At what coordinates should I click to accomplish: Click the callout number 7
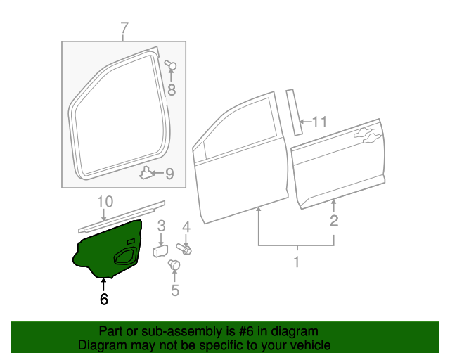click(x=124, y=29)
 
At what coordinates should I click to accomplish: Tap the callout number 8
click(x=171, y=89)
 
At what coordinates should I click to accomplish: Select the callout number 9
click(x=169, y=174)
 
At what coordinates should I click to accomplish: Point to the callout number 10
click(x=105, y=202)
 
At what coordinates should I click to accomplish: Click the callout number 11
click(x=320, y=122)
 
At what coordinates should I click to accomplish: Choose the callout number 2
click(x=334, y=221)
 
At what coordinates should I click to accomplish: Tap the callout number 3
click(x=161, y=226)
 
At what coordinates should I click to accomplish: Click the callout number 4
click(x=186, y=226)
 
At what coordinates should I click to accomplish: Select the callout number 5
click(x=175, y=289)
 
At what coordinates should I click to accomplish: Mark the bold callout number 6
click(x=104, y=299)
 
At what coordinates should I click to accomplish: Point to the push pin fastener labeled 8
click(x=169, y=66)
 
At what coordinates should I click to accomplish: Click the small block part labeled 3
click(x=160, y=250)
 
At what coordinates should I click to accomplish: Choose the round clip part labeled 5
click(x=174, y=265)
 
